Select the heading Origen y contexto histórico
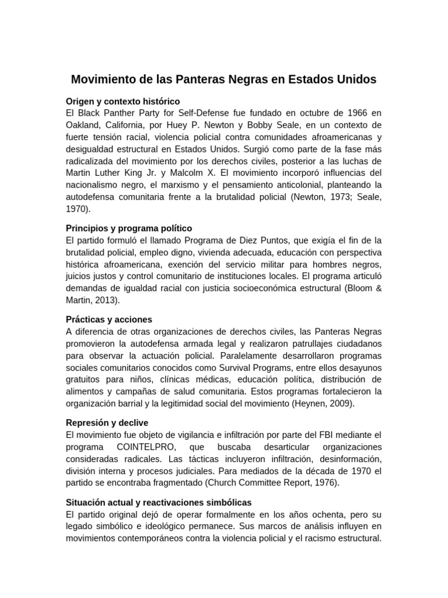123,101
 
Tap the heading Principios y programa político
129,228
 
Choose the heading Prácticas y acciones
109,319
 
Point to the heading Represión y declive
107,422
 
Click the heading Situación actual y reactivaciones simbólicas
159,502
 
